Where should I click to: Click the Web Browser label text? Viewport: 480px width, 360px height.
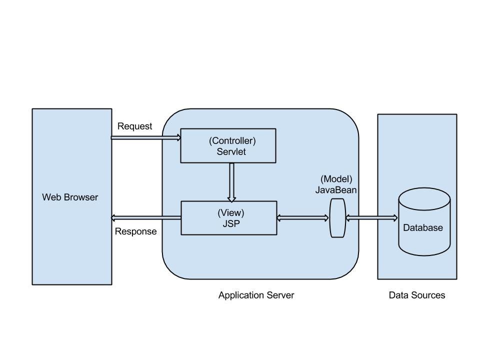click(x=70, y=197)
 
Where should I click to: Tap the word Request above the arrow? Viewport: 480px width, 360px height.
click(x=134, y=126)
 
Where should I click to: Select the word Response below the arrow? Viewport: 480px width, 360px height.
click(x=135, y=231)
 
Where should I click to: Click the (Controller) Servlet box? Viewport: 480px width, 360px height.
click(x=227, y=145)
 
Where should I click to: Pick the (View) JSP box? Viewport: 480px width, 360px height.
click(x=228, y=218)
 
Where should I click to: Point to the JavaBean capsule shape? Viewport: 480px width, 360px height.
click(x=337, y=217)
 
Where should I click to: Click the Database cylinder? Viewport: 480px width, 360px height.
click(x=424, y=222)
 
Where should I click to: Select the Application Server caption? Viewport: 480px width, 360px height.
click(x=256, y=295)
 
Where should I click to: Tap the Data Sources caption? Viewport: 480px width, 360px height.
click(x=417, y=295)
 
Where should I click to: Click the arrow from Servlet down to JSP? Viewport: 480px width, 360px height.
click(x=231, y=182)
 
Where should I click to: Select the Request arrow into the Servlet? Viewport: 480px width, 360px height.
click(x=145, y=137)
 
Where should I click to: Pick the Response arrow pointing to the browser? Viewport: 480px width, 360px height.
click(x=145, y=217)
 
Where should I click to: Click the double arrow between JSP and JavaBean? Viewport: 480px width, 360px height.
click(x=303, y=218)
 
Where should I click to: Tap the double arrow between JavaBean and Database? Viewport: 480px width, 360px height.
click(x=371, y=218)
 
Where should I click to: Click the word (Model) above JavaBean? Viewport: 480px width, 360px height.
click(x=336, y=179)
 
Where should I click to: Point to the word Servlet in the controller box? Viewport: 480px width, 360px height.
click(x=231, y=152)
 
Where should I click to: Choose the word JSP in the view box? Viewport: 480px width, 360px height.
click(x=231, y=224)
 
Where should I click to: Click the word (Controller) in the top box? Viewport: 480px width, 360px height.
click(x=232, y=141)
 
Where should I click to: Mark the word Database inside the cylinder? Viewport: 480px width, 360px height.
click(x=423, y=227)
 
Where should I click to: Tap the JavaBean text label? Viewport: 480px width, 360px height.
click(x=336, y=189)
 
